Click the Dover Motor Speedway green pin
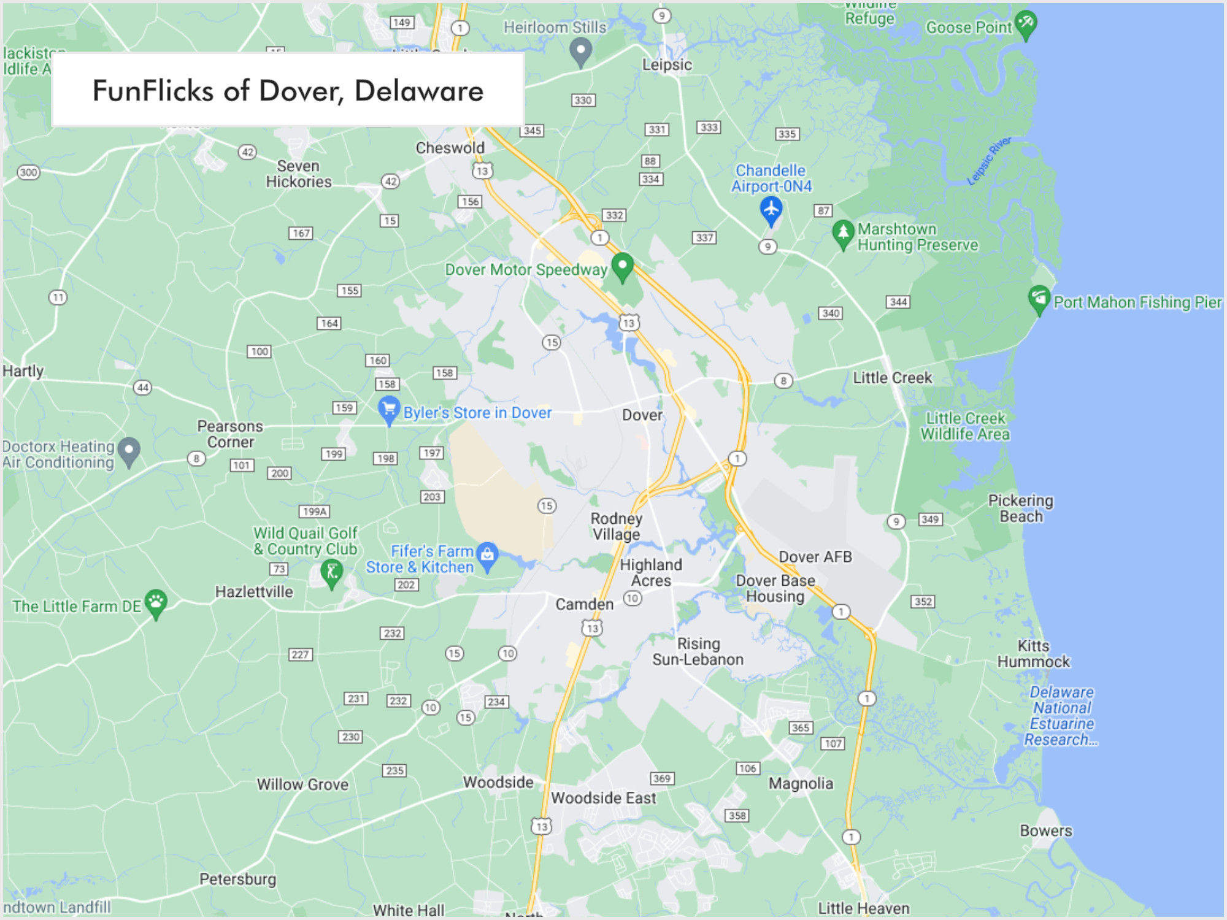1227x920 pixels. tap(622, 267)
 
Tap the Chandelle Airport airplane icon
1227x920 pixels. tap(771, 210)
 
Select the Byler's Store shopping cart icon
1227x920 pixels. tap(388, 409)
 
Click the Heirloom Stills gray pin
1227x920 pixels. tap(580, 50)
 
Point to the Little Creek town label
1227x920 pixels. tap(892, 378)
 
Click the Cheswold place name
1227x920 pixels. tap(450, 148)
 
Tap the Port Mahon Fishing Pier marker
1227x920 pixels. tap(1038, 299)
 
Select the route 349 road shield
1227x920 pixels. tap(929, 519)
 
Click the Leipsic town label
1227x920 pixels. tap(667, 65)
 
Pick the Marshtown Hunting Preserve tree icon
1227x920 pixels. tap(843, 234)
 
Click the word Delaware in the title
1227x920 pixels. tap(418, 91)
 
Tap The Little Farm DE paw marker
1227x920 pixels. tap(156, 602)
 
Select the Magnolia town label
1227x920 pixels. tap(801, 783)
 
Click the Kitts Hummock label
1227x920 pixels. tap(1033, 654)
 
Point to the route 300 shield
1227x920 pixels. tap(29, 172)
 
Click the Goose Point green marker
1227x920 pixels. tap(1025, 25)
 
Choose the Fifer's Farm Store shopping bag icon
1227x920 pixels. tap(487, 555)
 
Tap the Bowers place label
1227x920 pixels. tap(1045, 831)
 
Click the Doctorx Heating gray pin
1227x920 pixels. tap(129, 451)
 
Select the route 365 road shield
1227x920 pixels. tap(800, 727)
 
